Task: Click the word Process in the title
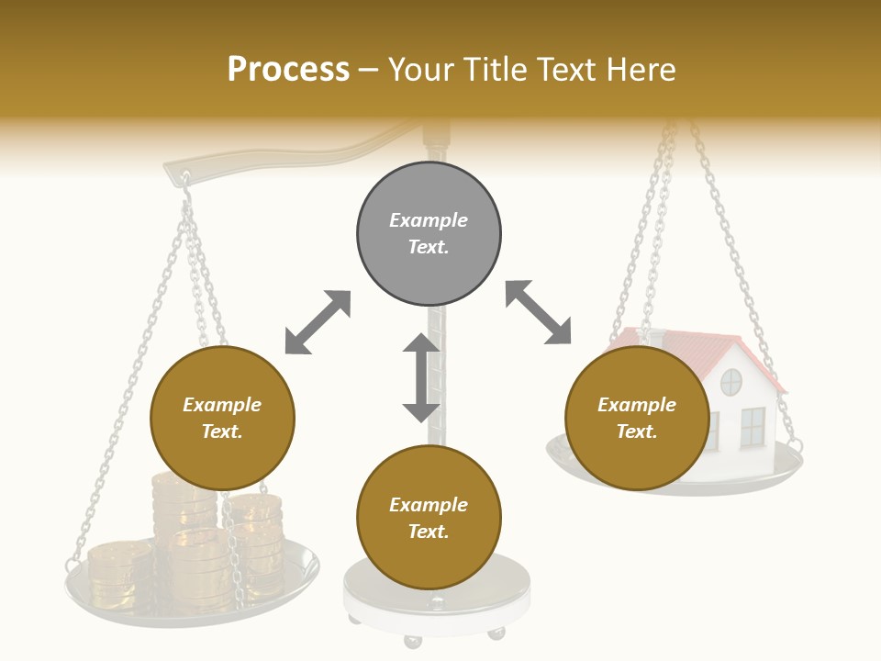pos(288,70)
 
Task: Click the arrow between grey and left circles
pos(318,322)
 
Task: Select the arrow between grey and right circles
pos(539,312)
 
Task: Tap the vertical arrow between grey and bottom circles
pos(421,377)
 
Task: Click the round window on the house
pos(730,381)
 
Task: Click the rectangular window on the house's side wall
pos(753,426)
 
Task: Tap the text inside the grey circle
pos(429,233)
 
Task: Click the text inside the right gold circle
pos(637,418)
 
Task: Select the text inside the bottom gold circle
pos(429,518)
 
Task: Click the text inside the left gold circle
pos(222,418)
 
